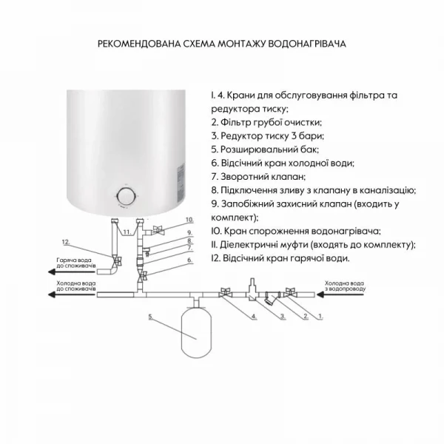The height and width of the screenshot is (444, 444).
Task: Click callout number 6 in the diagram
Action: coord(189,260)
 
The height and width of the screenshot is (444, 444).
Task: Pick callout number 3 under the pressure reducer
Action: coord(281,317)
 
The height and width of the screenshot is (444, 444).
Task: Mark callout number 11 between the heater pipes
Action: coord(127,232)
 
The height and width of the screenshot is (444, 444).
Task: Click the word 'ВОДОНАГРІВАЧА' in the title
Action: coord(309,44)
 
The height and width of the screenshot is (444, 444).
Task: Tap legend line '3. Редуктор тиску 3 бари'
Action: coord(267,136)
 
